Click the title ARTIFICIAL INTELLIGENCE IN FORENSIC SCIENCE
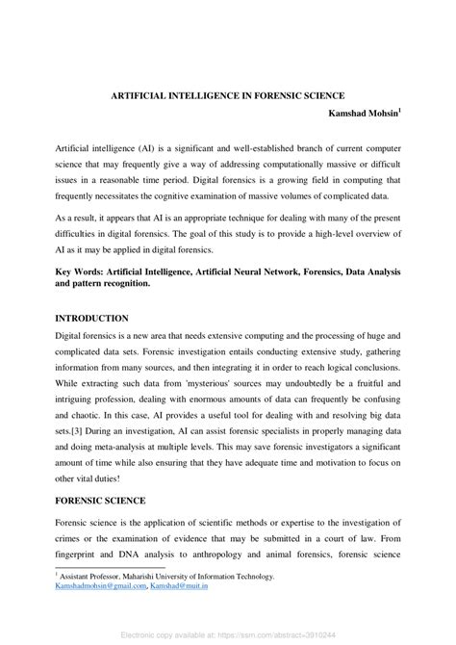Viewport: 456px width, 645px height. click(228, 96)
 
